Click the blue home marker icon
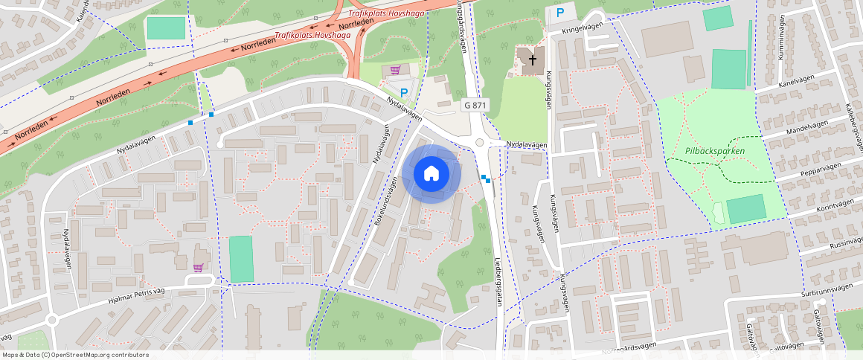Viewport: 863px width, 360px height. tap(431, 174)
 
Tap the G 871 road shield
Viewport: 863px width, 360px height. tap(475, 106)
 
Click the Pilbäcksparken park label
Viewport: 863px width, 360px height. tap(714, 151)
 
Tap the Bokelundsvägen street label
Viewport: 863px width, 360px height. tap(390, 201)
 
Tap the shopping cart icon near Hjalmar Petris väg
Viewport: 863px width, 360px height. tap(198, 268)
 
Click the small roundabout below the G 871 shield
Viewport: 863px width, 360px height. tap(480, 142)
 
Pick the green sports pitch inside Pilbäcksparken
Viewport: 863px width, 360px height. tap(745, 209)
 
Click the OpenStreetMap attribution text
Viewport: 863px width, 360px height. tap(76, 355)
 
